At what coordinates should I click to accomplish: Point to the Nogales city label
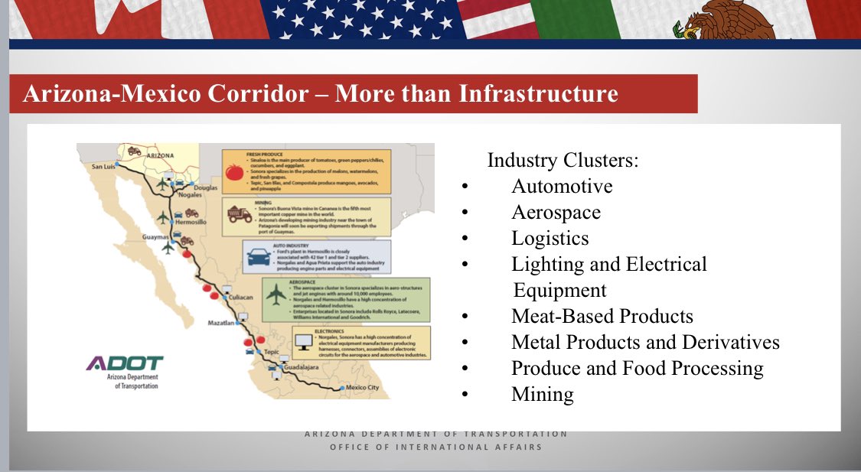coord(190,194)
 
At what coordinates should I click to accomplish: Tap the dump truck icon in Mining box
coord(238,214)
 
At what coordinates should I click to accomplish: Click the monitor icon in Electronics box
coord(304,341)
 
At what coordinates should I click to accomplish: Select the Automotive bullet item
coord(562,186)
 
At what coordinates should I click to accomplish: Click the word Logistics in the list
coord(550,238)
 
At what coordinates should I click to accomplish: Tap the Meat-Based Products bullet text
coord(602,316)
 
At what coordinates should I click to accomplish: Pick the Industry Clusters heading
coord(563,161)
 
